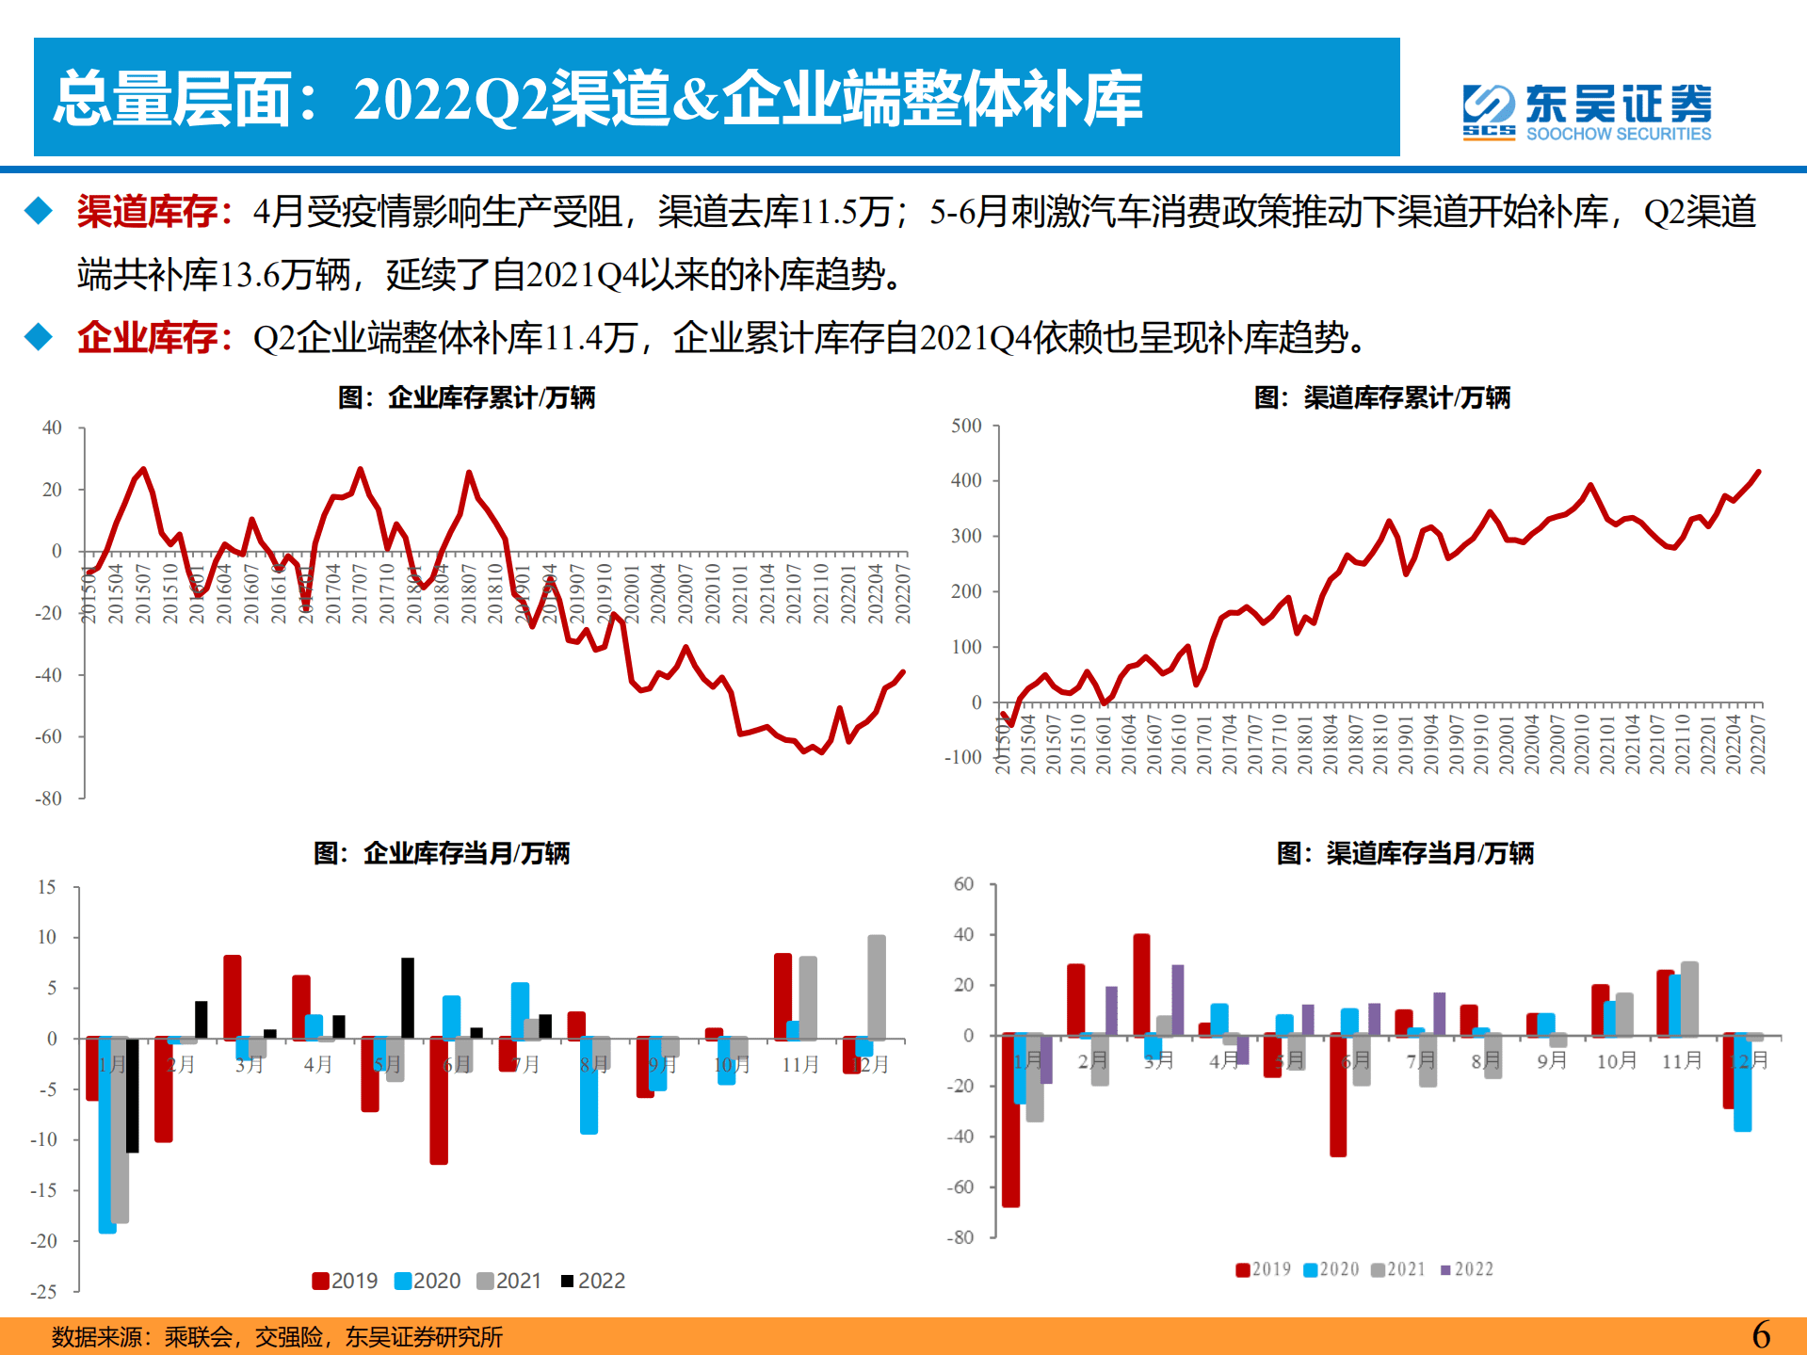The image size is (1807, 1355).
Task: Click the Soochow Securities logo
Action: click(x=1587, y=112)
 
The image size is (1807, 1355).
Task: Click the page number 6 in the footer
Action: click(x=1761, y=1334)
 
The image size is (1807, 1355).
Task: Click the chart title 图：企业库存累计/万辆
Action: click(x=466, y=397)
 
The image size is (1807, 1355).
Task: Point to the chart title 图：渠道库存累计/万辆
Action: click(x=1381, y=397)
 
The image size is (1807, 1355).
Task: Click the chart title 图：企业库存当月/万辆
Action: click(x=442, y=853)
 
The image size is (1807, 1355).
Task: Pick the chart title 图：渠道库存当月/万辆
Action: click(x=1405, y=853)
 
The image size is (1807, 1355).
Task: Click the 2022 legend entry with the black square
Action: click(x=593, y=1281)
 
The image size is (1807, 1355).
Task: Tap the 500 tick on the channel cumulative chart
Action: click(x=966, y=426)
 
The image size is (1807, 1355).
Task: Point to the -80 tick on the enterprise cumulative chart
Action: click(x=48, y=798)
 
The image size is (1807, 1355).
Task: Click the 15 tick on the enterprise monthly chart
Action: click(x=47, y=887)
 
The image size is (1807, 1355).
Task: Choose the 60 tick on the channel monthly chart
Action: click(x=963, y=884)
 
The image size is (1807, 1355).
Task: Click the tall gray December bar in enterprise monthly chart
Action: click(x=877, y=987)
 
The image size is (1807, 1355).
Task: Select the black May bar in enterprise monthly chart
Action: click(x=408, y=998)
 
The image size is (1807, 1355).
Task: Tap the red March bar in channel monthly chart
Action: click(x=1141, y=984)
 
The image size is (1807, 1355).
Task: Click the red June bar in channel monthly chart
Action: click(x=1338, y=1094)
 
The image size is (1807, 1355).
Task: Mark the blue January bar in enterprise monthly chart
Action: click(x=107, y=1135)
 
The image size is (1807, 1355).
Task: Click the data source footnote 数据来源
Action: click(x=277, y=1337)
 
